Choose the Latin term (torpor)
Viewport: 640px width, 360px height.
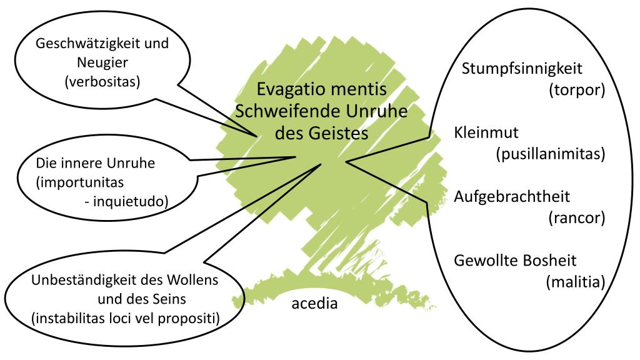pyautogui.click(x=576, y=90)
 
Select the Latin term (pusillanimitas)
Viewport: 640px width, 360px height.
pyautogui.click(x=549, y=154)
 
